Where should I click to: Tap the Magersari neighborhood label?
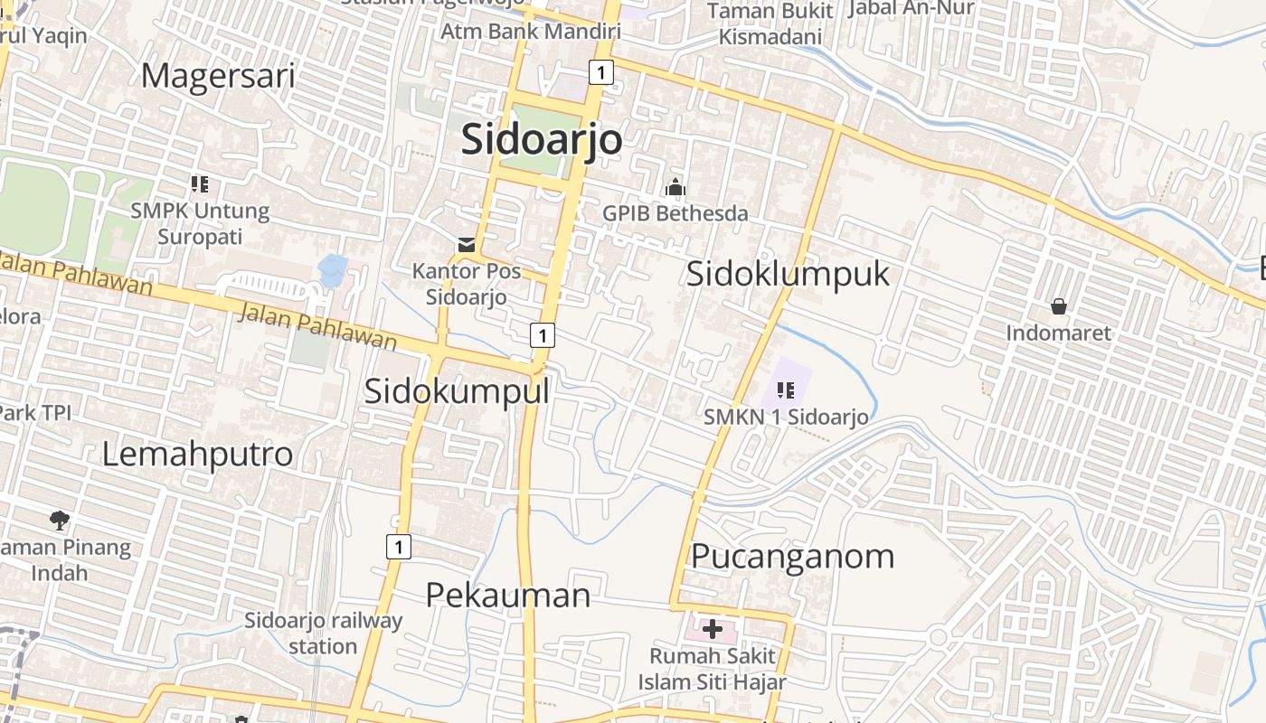218,76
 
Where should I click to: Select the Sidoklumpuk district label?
788,274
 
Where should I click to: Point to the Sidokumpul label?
457,391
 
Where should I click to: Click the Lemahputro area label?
197,454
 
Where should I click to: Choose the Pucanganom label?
793,556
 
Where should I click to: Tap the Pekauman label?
508,595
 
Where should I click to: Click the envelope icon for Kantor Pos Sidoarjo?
467,244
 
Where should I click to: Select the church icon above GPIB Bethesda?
675,188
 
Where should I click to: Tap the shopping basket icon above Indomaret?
1059,306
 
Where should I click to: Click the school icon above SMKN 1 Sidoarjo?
786,390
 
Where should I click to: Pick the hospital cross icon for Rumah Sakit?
713,629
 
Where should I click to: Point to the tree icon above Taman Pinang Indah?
60,520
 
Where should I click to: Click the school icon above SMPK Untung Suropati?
200,184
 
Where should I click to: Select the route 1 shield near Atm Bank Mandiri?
601,71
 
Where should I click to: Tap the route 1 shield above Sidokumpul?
542,335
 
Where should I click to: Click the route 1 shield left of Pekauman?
398,546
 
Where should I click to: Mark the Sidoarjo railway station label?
323,634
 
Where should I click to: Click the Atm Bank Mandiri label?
531,32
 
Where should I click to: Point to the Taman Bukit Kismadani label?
770,24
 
